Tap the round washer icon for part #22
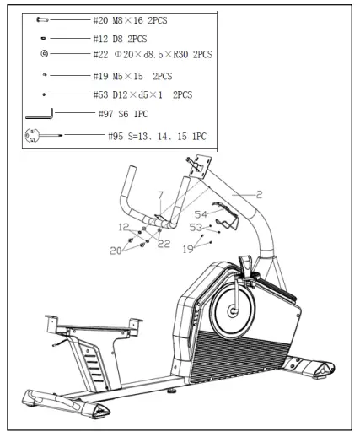pos(44,54)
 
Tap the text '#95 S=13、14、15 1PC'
pos(158,135)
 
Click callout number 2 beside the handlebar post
pos(259,195)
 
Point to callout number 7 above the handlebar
pos(159,195)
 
